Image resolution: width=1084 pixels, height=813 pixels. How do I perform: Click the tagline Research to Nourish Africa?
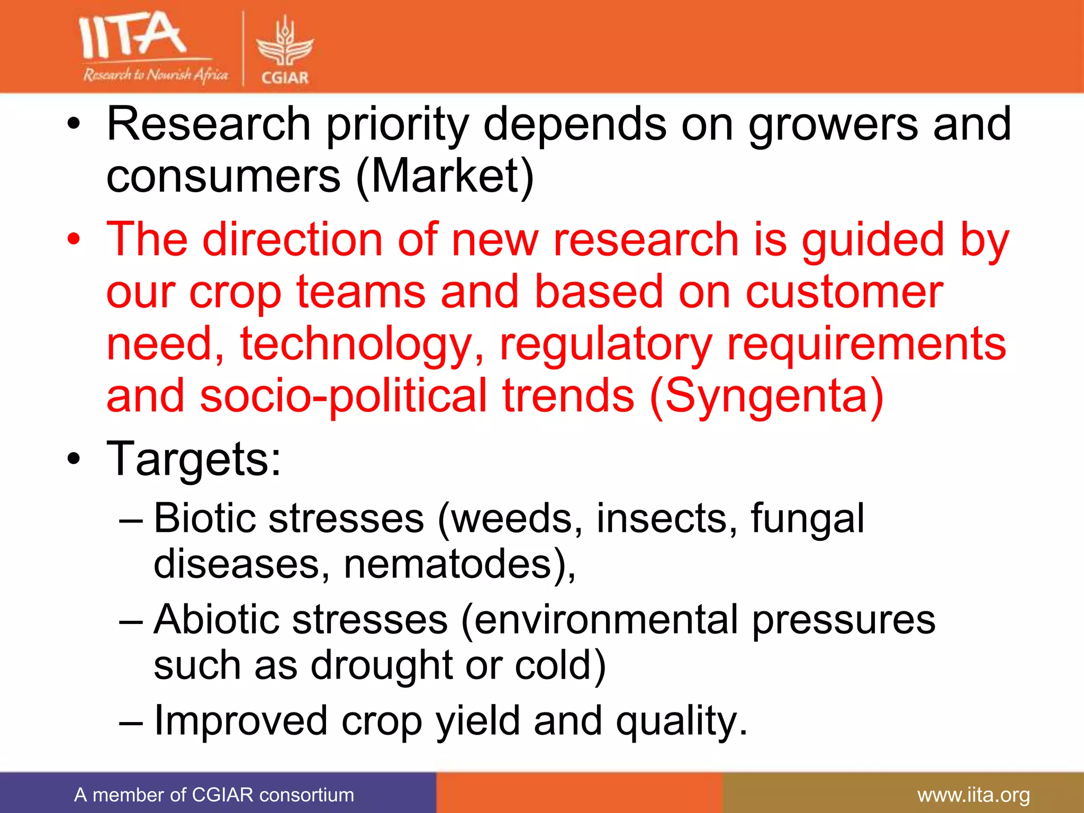pyautogui.click(x=155, y=75)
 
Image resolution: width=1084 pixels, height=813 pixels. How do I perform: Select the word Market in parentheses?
pyautogui.click(x=445, y=176)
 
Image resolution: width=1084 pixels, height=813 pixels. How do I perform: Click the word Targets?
pyautogui.click(x=193, y=458)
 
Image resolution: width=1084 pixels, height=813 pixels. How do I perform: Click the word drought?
pyautogui.click(x=381, y=665)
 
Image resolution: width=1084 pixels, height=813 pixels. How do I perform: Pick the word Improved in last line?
pyautogui.click(x=240, y=720)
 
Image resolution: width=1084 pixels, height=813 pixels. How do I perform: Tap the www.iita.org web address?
pyautogui.click(x=973, y=795)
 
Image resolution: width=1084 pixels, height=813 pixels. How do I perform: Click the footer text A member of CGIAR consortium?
pyautogui.click(x=214, y=795)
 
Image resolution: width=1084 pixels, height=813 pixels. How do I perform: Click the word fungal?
pyautogui.click(x=807, y=518)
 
